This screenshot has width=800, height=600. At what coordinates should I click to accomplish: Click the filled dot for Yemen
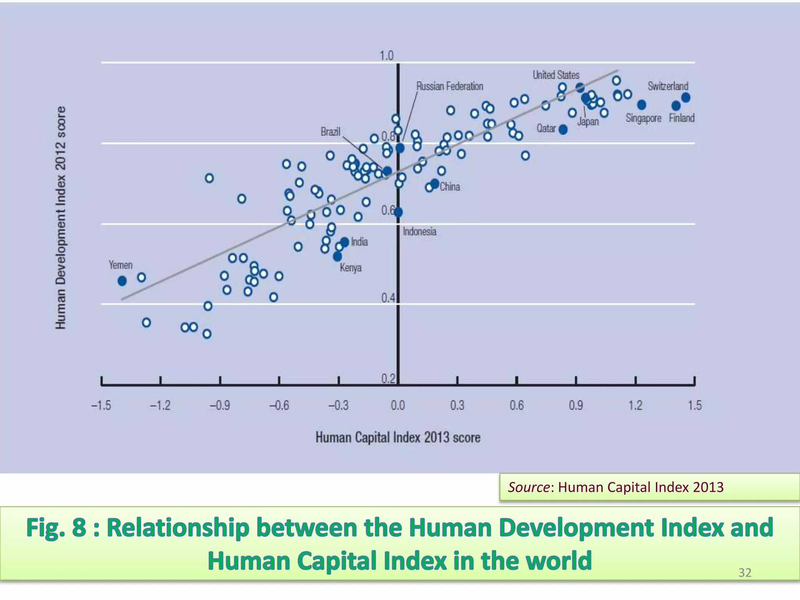pyautogui.click(x=122, y=281)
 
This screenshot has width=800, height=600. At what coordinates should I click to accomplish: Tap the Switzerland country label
pyautogui.click(x=668, y=86)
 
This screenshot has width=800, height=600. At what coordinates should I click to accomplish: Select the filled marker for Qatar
pyautogui.click(x=563, y=130)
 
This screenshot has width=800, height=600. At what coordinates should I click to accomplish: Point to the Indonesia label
pyautogui.click(x=420, y=232)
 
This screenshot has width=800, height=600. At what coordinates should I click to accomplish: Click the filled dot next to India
pyautogui.click(x=345, y=242)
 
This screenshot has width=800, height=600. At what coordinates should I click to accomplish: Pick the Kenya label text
pyautogui.click(x=350, y=268)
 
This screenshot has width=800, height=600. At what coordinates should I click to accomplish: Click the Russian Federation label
pyautogui.click(x=449, y=86)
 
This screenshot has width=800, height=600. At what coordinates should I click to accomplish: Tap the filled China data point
pyautogui.click(x=435, y=184)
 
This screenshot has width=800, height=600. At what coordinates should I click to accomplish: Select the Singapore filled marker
pyautogui.click(x=641, y=105)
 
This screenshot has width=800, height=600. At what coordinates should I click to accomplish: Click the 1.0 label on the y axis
pyautogui.click(x=386, y=56)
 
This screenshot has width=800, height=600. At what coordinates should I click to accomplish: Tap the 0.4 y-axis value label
pyautogui.click(x=388, y=298)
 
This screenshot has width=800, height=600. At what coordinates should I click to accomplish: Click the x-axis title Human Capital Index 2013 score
pyautogui.click(x=398, y=437)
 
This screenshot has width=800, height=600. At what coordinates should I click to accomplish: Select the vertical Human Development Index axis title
pyautogui.click(x=60, y=218)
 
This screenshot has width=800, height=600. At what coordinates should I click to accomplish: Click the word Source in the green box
pyautogui.click(x=528, y=487)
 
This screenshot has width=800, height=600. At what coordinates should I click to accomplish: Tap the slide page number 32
pyautogui.click(x=745, y=573)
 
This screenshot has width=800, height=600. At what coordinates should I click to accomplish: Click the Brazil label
pyautogui.click(x=330, y=132)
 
